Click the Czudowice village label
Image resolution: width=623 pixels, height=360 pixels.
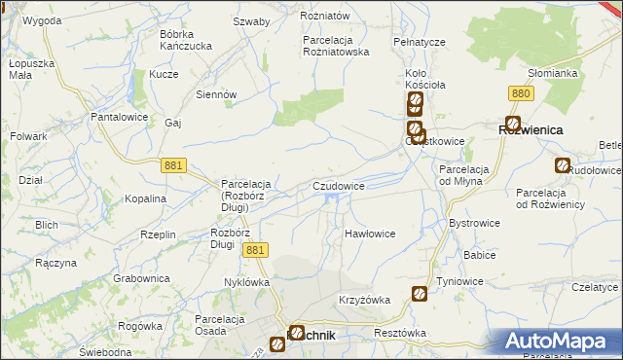pos(339,185)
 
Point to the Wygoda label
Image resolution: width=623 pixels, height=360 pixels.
pos(41,20)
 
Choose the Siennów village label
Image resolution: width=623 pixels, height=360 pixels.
pos(217,94)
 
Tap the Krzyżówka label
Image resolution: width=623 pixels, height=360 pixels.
pos(364,300)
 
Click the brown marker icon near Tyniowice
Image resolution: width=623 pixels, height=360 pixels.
pos(420,293)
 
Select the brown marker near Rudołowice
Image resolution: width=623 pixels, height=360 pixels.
pos(562,165)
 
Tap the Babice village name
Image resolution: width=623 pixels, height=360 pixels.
pos(480,255)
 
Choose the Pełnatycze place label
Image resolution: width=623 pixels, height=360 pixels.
pos(420,43)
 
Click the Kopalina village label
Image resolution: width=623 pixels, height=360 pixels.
pos(146,198)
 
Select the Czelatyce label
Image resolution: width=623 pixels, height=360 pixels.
pos(596,287)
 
